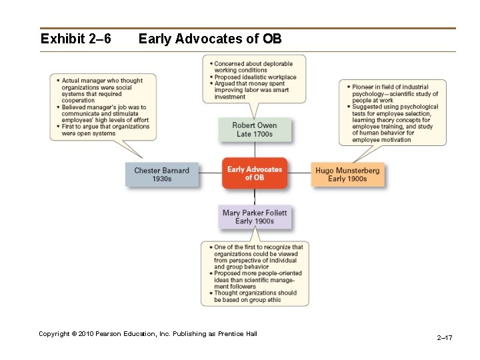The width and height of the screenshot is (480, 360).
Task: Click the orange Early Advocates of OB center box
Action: pos(254,173)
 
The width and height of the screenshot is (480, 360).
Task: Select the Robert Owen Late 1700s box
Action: pos(254,130)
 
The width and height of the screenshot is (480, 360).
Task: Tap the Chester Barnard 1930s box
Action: pos(161,175)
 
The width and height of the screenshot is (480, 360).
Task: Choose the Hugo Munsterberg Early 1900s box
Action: pos(347,175)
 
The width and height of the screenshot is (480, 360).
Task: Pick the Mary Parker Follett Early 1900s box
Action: pos(254,217)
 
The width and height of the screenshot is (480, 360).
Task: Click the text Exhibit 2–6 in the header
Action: pos(75,39)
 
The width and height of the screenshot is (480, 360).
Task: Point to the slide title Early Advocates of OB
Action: pos(210,39)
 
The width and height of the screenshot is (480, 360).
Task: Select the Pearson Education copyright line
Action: pos(147,333)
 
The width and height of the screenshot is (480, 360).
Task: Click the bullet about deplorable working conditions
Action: pos(251,67)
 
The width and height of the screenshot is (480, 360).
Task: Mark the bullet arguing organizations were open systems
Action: pos(105,130)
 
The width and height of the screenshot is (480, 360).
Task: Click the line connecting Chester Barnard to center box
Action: pos(210,173)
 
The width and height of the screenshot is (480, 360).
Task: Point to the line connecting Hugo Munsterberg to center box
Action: pos(299,173)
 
